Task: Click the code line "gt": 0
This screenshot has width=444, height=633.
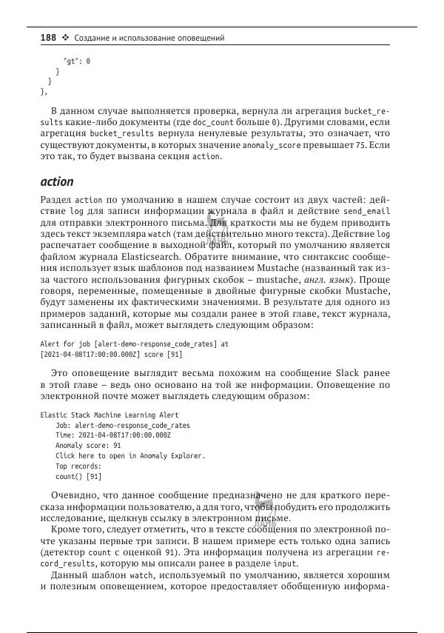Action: pos(77,61)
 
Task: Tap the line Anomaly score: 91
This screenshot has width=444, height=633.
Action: pos(88,446)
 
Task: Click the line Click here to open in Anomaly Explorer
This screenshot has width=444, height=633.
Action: pos(130,456)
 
